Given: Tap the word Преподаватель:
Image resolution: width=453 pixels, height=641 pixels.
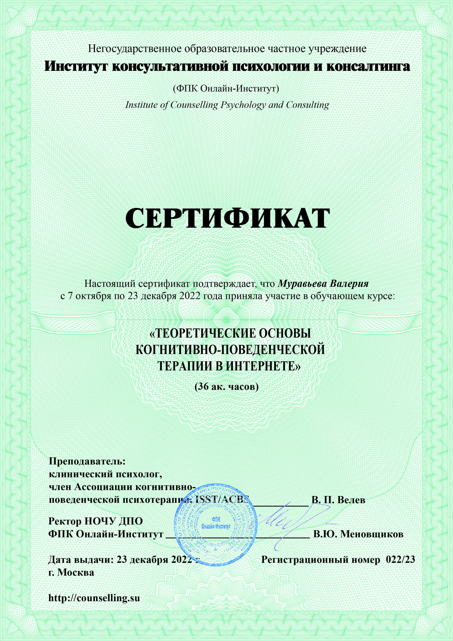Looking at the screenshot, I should point(87,461).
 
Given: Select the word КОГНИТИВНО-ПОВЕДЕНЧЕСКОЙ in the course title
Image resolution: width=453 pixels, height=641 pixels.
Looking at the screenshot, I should point(230,350).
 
